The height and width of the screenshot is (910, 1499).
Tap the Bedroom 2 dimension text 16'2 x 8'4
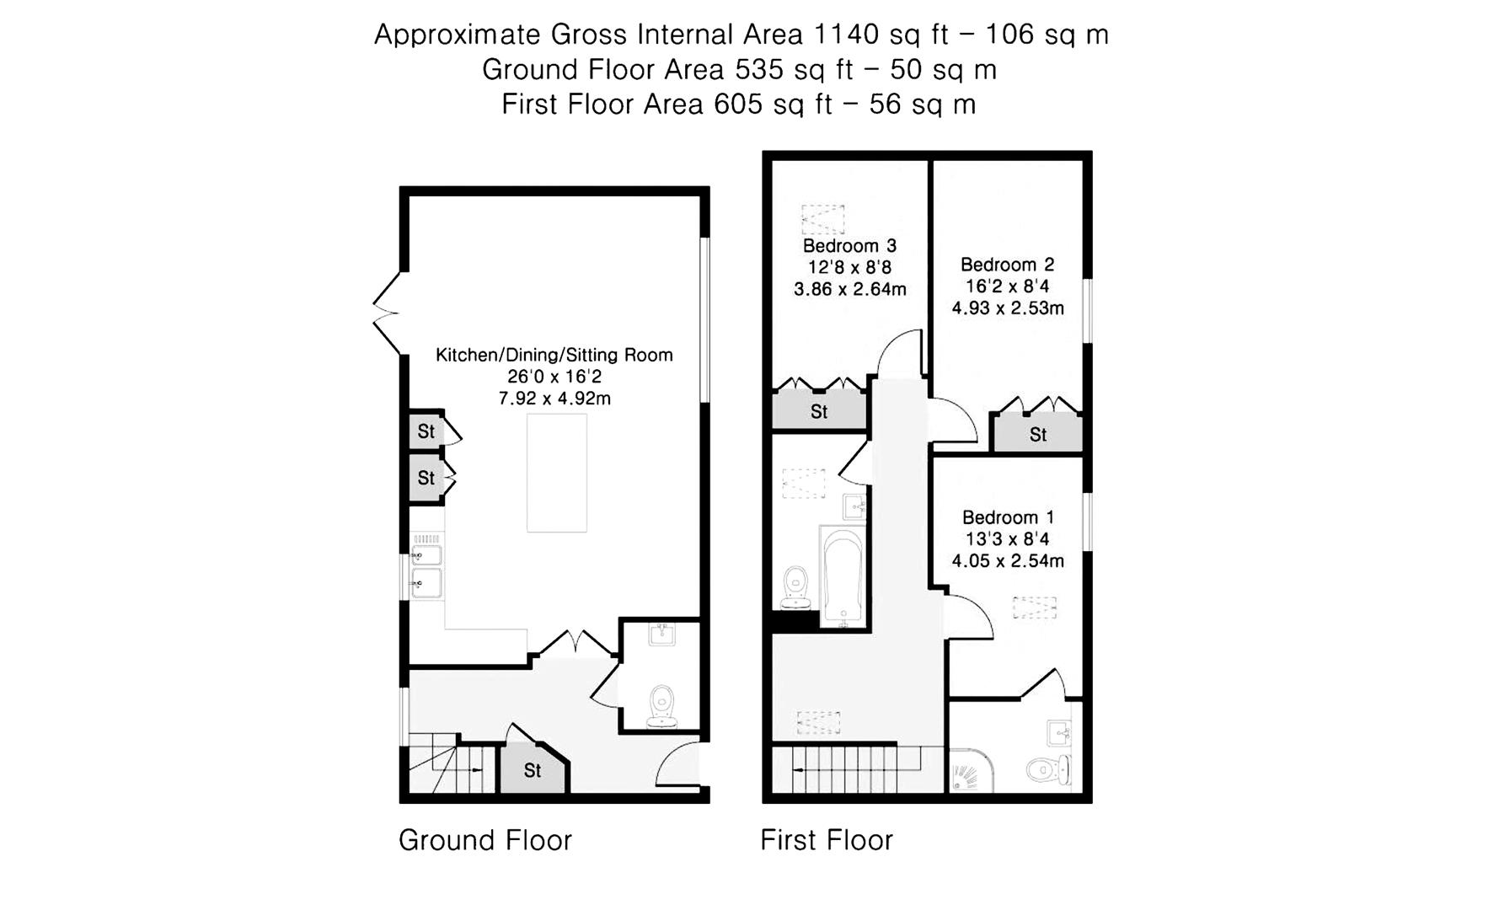coord(1007,286)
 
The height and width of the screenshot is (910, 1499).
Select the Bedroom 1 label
coord(1008,517)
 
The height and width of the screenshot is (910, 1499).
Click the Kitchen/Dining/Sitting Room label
coord(554,355)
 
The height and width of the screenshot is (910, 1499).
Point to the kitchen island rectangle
coord(556,473)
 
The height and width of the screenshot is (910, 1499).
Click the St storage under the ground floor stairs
coord(532,770)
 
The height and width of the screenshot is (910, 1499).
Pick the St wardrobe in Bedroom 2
coord(1037,435)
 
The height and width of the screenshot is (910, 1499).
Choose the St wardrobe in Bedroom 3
coord(819,412)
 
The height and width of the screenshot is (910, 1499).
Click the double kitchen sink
coord(426,569)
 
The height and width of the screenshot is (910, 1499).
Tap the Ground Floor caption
coord(484,840)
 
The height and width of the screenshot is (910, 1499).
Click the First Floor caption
coord(826,840)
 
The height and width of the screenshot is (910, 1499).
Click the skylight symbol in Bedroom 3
coord(822,219)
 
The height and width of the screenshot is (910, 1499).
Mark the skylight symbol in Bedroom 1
coord(1034,608)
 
